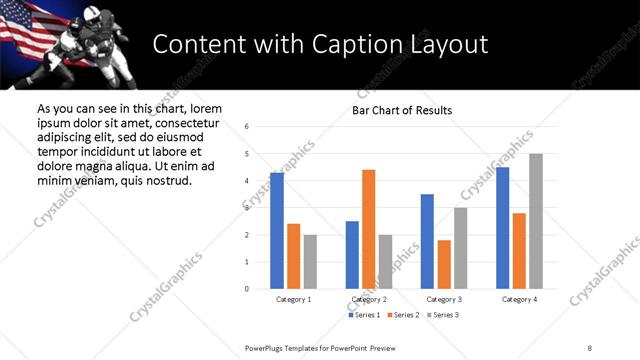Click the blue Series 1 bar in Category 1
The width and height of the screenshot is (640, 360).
277,230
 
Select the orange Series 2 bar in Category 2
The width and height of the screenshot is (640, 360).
368,229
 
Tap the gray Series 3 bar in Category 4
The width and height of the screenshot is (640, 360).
536,221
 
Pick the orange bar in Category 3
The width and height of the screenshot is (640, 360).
444,264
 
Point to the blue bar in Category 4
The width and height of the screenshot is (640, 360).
502,228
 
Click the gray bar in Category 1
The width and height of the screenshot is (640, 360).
310,262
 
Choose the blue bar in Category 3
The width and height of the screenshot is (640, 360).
427,241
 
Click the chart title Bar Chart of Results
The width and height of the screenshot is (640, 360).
402,110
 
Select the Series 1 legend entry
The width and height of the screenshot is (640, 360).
364,315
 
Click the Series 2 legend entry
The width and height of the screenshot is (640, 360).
403,315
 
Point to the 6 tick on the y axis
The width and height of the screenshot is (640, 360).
247,126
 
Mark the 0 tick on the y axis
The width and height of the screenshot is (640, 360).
247,289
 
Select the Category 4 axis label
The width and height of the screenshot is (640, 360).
519,299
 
